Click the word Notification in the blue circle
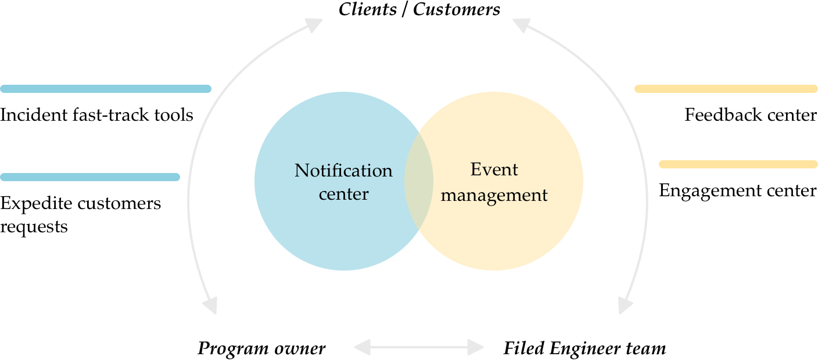pos(343,171)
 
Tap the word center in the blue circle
pos(343,194)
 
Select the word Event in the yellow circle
pos(494,170)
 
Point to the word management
pos(494,195)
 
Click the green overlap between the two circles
pos(419,181)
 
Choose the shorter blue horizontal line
pos(90,177)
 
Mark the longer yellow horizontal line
pos(726,89)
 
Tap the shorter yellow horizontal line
pos(738,164)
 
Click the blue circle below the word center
pos(343,238)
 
